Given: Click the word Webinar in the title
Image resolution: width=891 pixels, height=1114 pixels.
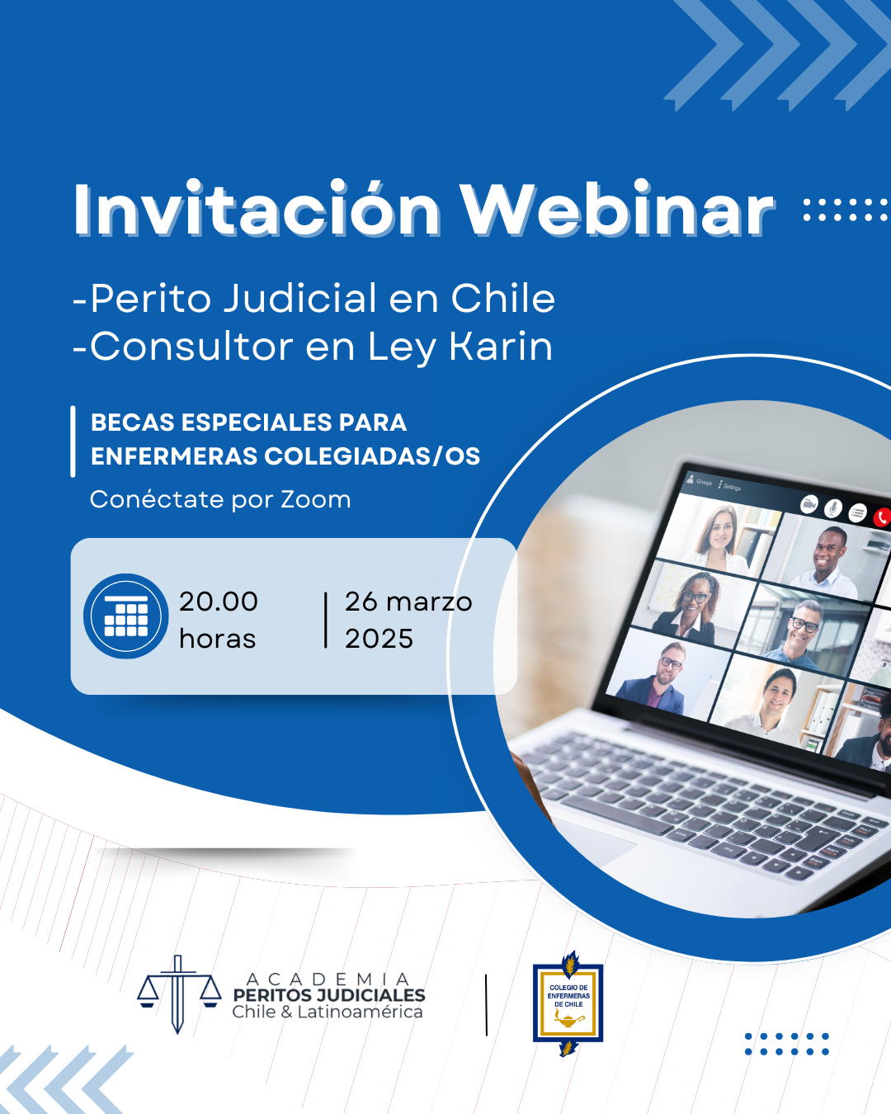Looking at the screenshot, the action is click(618, 209).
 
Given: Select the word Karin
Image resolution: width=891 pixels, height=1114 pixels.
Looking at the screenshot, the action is click(501, 346).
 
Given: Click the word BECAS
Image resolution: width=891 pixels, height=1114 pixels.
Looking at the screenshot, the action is click(133, 422).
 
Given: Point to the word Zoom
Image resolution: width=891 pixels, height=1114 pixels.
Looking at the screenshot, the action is click(316, 499).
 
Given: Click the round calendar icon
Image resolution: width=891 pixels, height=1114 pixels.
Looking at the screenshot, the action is click(125, 616).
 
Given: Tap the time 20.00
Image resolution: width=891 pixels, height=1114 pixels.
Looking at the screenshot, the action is click(219, 602).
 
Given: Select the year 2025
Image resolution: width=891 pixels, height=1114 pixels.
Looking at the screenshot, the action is click(379, 638).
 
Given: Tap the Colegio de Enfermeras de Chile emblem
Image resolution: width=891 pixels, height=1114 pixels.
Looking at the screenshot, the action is click(568, 1003).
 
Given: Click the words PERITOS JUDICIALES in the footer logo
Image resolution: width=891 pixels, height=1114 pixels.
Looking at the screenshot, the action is click(329, 995).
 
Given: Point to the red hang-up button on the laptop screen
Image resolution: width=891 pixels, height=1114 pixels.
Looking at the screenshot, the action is click(882, 517).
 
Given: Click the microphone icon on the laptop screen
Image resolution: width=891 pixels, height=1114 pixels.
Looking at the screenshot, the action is click(832, 508).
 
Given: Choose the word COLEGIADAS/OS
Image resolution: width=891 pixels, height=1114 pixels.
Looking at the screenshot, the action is click(372, 456).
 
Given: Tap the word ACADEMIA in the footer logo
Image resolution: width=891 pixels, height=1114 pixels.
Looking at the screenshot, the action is click(328, 979).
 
